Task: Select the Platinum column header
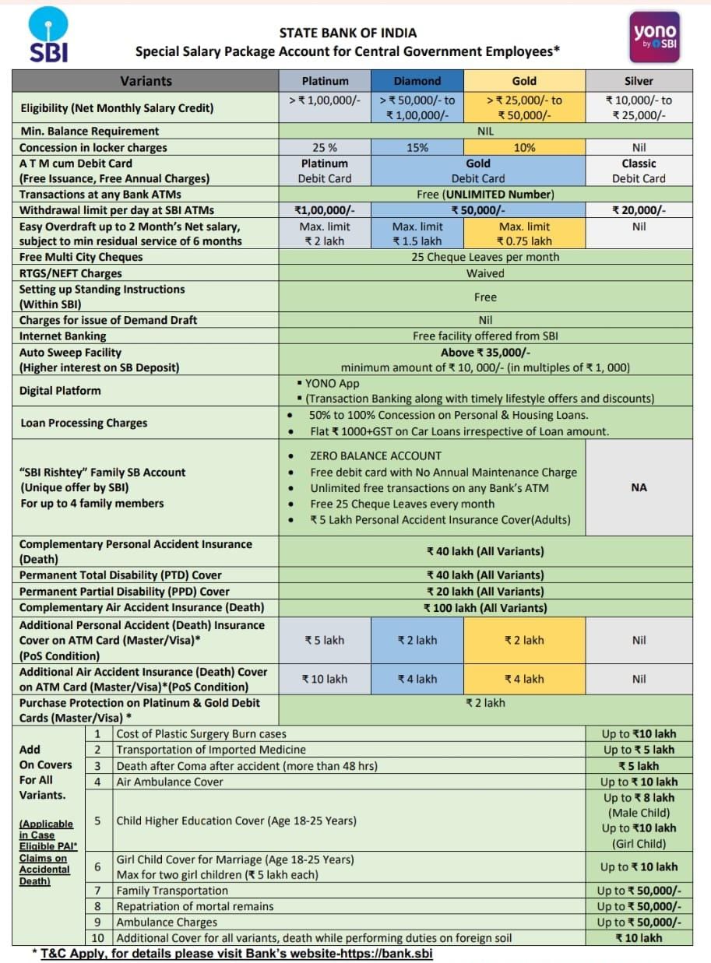325,81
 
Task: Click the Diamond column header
417,81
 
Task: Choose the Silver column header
639,81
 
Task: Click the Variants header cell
146,81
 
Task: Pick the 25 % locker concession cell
325,147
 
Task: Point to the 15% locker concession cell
417,147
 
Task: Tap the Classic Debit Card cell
639,170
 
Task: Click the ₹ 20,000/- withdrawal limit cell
639,210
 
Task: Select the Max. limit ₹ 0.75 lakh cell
524,234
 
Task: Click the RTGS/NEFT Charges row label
70,273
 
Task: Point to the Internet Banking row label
63,336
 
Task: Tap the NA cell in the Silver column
639,487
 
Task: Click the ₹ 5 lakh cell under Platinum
325,640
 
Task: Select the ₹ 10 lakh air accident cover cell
325,679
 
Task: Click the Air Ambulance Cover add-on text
170,782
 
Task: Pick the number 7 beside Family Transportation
98,891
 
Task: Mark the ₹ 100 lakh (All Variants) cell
484,607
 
